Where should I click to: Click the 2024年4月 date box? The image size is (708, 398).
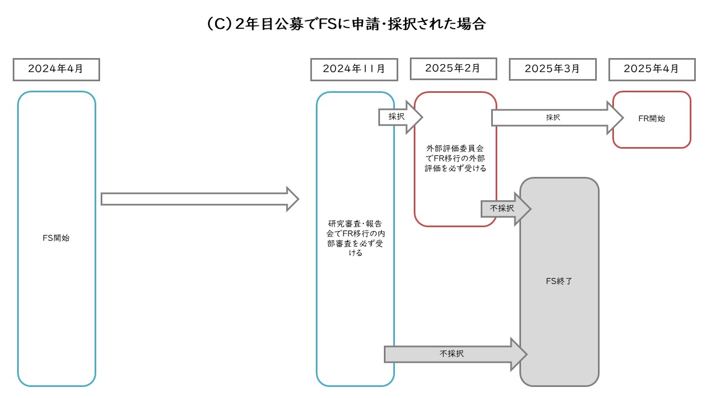tap(56, 70)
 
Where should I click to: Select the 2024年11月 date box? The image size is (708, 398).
tap(354, 70)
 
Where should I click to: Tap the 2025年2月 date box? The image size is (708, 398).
tap(453, 69)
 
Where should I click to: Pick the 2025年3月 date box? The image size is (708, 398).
tap(553, 70)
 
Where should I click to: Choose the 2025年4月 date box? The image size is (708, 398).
tap(651, 70)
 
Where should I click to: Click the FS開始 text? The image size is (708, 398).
tap(56, 239)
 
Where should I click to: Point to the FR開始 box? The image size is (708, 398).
tap(652, 119)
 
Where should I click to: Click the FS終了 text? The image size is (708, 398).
tap(559, 281)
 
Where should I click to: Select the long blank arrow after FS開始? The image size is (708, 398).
tap(199, 199)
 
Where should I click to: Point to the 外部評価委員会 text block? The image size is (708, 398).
tap(455, 159)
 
